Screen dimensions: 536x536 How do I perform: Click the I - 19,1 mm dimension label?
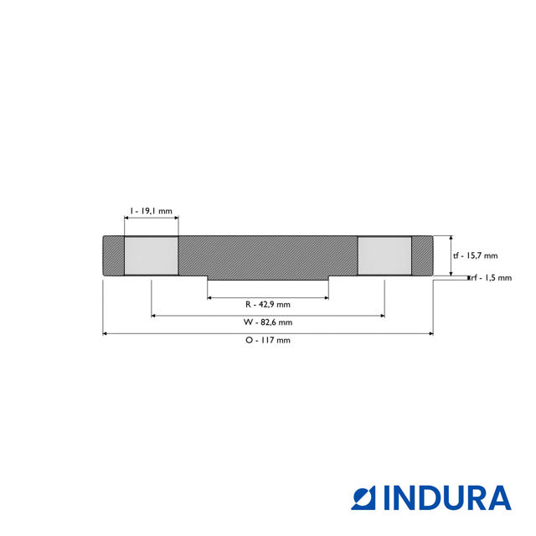tap(151, 212)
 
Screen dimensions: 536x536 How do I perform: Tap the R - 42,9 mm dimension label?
tap(268, 304)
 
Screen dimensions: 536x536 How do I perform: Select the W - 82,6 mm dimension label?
tap(268, 322)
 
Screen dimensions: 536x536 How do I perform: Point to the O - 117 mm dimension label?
tap(268, 341)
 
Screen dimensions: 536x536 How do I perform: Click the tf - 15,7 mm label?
tap(475, 256)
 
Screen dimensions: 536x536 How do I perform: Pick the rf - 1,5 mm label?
tap(492, 278)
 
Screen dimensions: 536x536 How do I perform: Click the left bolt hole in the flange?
tap(151, 255)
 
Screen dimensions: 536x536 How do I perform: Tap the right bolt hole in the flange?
tap(384, 255)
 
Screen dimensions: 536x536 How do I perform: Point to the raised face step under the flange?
tap(268, 278)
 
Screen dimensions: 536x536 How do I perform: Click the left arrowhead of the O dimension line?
tap(105, 333)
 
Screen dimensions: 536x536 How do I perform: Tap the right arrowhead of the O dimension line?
tap(431, 333)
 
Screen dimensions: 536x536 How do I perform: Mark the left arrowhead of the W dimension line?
tap(153, 315)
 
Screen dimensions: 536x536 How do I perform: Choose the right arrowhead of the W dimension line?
tap(382, 315)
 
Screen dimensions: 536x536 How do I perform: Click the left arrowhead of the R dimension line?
tap(210, 296)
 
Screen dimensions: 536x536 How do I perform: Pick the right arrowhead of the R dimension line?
tap(326, 296)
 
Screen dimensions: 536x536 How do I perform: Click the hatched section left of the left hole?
tap(113, 255)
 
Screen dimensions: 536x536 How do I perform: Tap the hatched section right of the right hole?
tap(422, 255)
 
